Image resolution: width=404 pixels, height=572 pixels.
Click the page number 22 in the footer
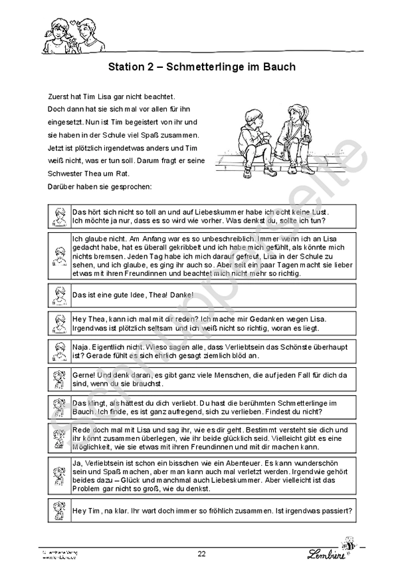(x=201, y=553)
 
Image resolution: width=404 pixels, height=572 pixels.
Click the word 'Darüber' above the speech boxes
(x=62, y=186)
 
